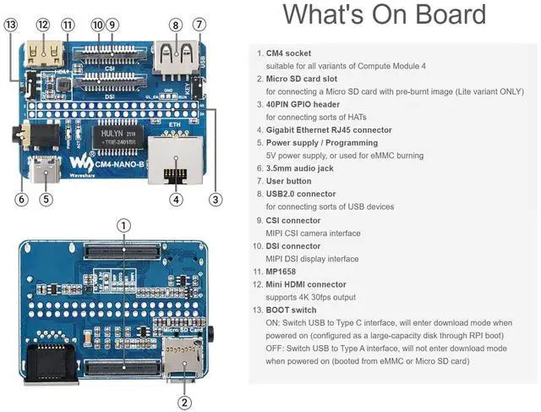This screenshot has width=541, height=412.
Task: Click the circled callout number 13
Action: [10, 25]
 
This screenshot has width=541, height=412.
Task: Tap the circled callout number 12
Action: [42, 25]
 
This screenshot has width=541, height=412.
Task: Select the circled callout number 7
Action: [199, 25]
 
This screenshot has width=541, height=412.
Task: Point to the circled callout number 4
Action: [175, 200]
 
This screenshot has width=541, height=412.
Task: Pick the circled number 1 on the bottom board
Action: [123, 225]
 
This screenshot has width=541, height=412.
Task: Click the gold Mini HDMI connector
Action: [45, 55]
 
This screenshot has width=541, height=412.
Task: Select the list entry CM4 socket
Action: [288, 53]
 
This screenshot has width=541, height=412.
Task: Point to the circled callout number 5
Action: [46, 200]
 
